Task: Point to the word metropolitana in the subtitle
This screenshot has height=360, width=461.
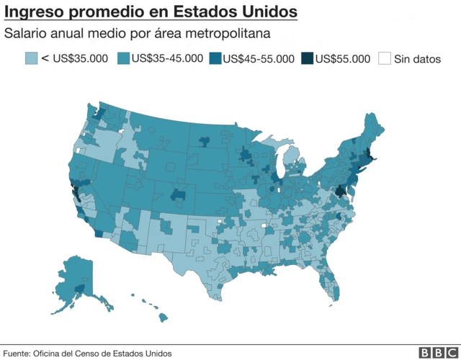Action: [238, 34]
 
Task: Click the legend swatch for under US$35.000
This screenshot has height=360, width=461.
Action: [31, 58]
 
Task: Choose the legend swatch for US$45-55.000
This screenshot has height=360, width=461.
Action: [215, 58]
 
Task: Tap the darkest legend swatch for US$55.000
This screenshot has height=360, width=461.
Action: [306, 58]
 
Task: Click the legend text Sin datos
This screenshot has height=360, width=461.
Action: [417, 59]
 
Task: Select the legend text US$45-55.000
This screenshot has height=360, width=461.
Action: [259, 59]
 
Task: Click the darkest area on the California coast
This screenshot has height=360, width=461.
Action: [74, 192]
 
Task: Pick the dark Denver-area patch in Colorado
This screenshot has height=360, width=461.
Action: [179, 195]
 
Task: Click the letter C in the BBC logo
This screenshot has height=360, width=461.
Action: [452, 352]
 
